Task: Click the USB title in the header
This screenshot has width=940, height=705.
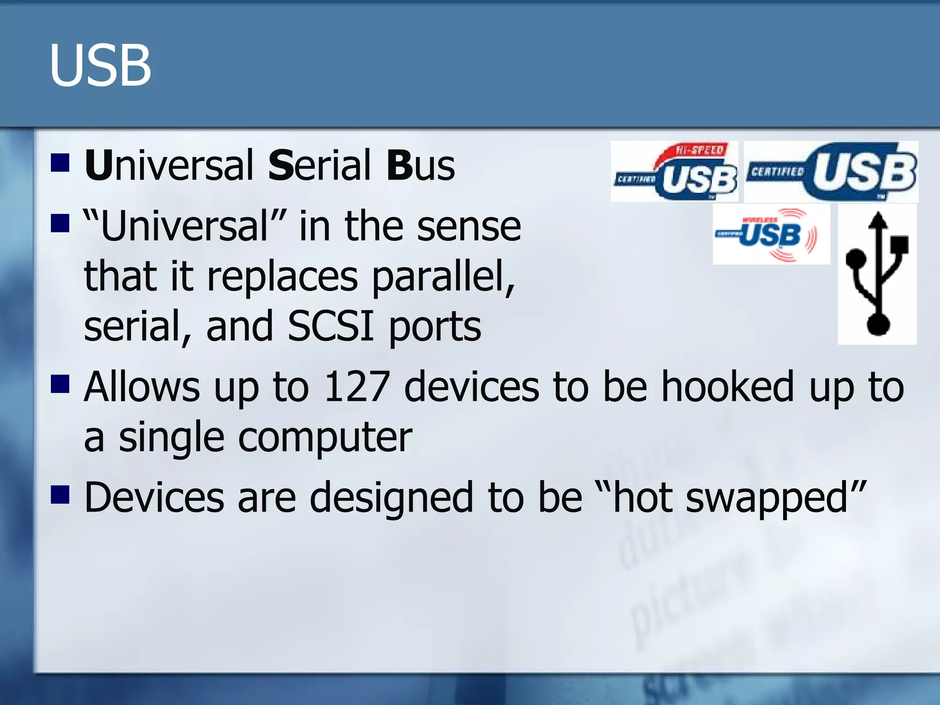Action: tap(100, 65)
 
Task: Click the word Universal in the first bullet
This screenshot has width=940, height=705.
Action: tap(169, 165)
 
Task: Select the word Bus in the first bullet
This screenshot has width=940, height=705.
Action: tap(420, 165)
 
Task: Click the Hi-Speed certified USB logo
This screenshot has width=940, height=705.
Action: tap(675, 172)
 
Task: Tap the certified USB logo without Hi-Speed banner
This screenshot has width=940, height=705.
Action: tap(831, 172)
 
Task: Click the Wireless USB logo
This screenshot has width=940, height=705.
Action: tap(771, 235)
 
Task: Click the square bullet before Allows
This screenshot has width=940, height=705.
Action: tap(60, 385)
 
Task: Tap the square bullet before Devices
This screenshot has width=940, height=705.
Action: tap(60, 495)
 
